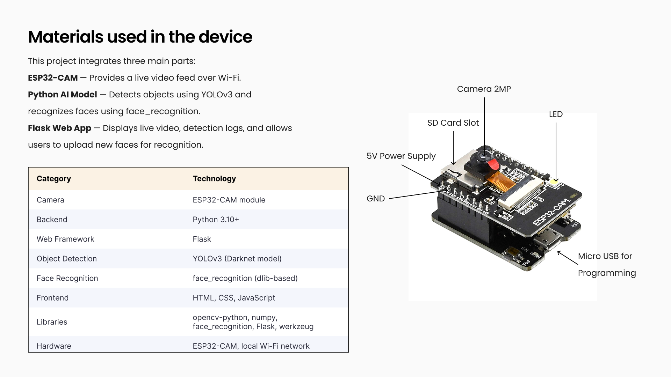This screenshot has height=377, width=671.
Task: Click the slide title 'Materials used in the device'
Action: (x=140, y=37)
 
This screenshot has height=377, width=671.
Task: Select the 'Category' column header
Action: (x=54, y=179)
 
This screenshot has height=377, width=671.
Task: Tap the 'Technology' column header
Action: (x=214, y=179)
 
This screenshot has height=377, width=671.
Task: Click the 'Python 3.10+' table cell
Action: (x=216, y=220)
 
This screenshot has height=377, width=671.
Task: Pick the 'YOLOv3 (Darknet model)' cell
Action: (x=237, y=259)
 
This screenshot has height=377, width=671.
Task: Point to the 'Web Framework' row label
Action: (x=65, y=239)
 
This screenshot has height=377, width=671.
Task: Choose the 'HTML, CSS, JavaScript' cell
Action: (x=234, y=298)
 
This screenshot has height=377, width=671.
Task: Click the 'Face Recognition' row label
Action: (x=67, y=278)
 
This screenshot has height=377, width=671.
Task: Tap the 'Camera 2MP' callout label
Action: (x=484, y=89)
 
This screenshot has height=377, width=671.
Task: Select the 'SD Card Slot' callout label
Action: (x=453, y=123)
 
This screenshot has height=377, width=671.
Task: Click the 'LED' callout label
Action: (x=556, y=114)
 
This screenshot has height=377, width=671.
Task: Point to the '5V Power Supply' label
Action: (x=401, y=156)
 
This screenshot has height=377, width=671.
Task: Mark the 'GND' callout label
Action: (x=375, y=199)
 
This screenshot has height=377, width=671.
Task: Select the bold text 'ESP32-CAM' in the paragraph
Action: (x=53, y=78)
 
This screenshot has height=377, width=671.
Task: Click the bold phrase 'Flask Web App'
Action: (x=59, y=128)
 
